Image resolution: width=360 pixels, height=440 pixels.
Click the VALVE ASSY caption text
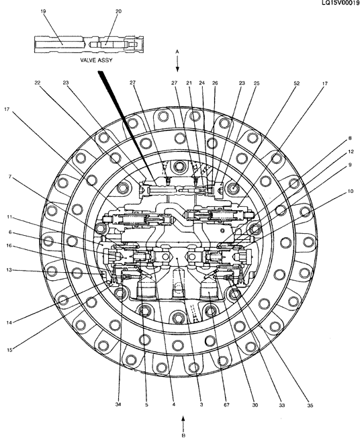(96, 60)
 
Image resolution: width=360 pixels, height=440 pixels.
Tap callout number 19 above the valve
(43, 11)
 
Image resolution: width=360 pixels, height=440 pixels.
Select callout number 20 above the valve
(118, 11)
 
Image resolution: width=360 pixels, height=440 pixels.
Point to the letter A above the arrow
(177, 51)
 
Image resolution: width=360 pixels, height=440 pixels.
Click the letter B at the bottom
(183, 435)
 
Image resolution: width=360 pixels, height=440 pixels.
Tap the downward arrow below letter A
(177, 63)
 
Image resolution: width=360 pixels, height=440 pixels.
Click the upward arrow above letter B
(183, 423)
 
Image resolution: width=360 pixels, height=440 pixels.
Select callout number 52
(297, 83)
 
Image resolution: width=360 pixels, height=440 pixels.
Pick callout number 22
(38, 83)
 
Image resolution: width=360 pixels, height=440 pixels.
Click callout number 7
(10, 177)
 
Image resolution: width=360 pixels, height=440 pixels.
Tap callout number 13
(9, 270)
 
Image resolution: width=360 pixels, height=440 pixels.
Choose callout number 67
(226, 405)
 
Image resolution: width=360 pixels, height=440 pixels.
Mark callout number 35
(310, 405)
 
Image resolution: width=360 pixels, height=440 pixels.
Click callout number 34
(118, 404)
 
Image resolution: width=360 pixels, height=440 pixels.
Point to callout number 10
(351, 191)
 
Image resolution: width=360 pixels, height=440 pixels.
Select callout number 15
(9, 350)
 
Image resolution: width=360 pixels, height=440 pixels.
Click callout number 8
(350, 138)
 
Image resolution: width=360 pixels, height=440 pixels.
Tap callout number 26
(215, 83)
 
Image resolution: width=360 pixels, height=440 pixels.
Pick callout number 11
(9, 216)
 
